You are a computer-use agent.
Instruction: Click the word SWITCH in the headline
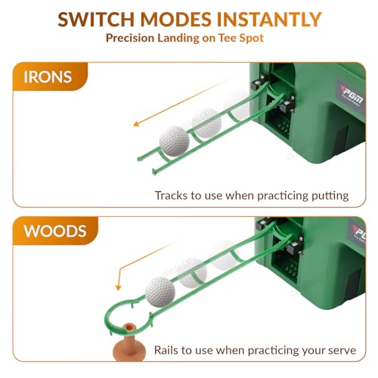(96, 20)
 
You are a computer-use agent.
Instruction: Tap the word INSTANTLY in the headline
(269, 20)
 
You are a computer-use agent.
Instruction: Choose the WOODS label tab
(55, 231)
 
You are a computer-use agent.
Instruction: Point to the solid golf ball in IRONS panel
(174, 141)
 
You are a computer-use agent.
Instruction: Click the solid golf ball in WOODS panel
(160, 292)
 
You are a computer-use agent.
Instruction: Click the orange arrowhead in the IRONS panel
(136, 123)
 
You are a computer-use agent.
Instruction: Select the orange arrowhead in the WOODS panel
(118, 287)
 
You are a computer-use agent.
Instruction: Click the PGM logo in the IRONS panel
(352, 96)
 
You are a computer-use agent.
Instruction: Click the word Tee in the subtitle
(227, 38)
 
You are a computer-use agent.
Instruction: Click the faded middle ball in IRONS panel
(206, 123)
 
